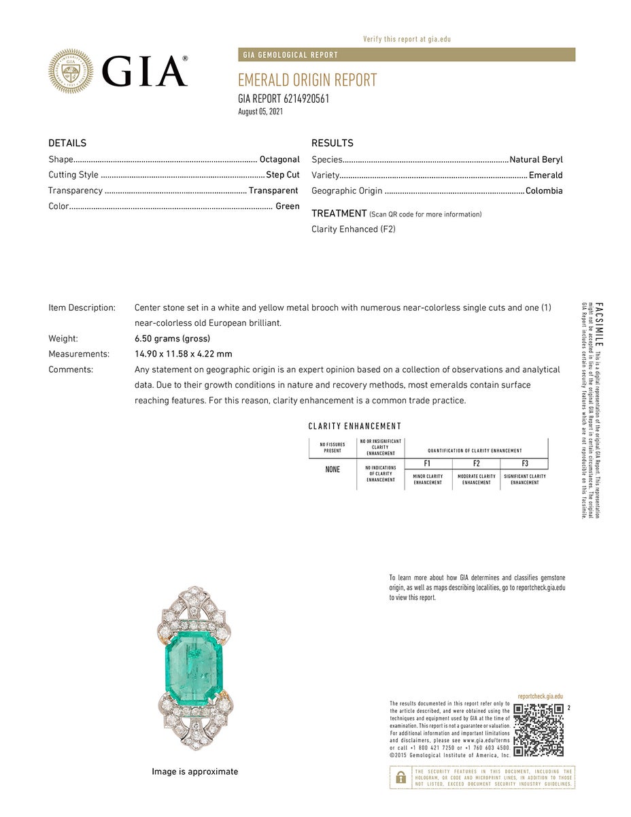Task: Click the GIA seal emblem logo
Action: pos(71,71)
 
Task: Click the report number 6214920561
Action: pos(301,99)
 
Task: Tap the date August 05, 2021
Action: pos(260,112)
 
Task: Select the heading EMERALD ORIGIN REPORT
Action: pos(307,80)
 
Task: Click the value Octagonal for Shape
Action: pos(279,159)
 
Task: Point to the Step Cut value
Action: pos(282,175)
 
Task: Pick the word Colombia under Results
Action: pos(544,190)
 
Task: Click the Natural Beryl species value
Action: pos(536,159)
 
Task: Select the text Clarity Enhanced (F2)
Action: pos(354,229)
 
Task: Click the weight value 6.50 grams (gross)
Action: pos(172,338)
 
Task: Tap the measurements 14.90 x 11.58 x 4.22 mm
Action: pos(184,354)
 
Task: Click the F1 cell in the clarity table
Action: pos(428,463)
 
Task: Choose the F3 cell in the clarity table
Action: pos(524,463)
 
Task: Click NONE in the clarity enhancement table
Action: pos(332,469)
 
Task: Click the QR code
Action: pos(539,730)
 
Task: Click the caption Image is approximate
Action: pos(194,771)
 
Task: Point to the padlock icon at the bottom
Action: pos(401,777)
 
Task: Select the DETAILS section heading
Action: pos(67,143)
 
